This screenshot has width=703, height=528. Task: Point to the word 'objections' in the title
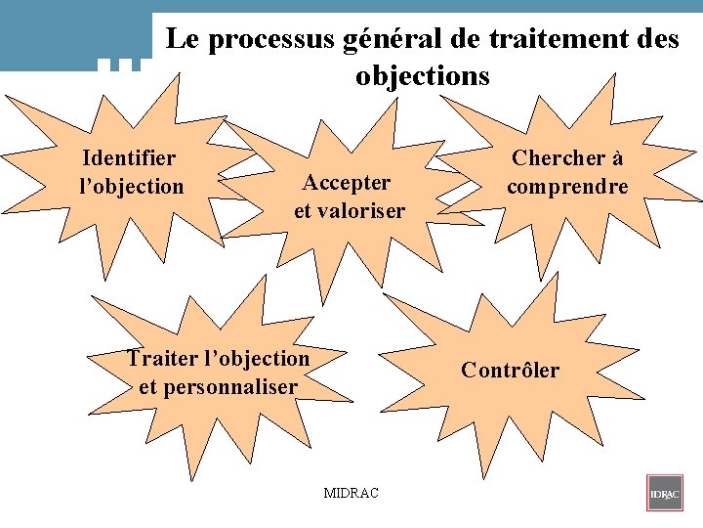tap(423, 75)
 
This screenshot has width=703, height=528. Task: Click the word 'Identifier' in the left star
tap(130, 158)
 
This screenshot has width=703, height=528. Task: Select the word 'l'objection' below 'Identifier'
tap(131, 186)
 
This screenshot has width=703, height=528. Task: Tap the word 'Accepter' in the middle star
tap(347, 183)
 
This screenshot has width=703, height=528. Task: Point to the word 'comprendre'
tap(566, 186)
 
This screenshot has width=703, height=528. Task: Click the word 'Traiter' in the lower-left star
tap(163, 359)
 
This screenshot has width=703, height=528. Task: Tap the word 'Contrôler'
tap(510, 370)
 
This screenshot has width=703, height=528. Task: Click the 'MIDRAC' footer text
tap(351, 492)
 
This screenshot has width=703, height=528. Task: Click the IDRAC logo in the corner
tap(664, 493)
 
